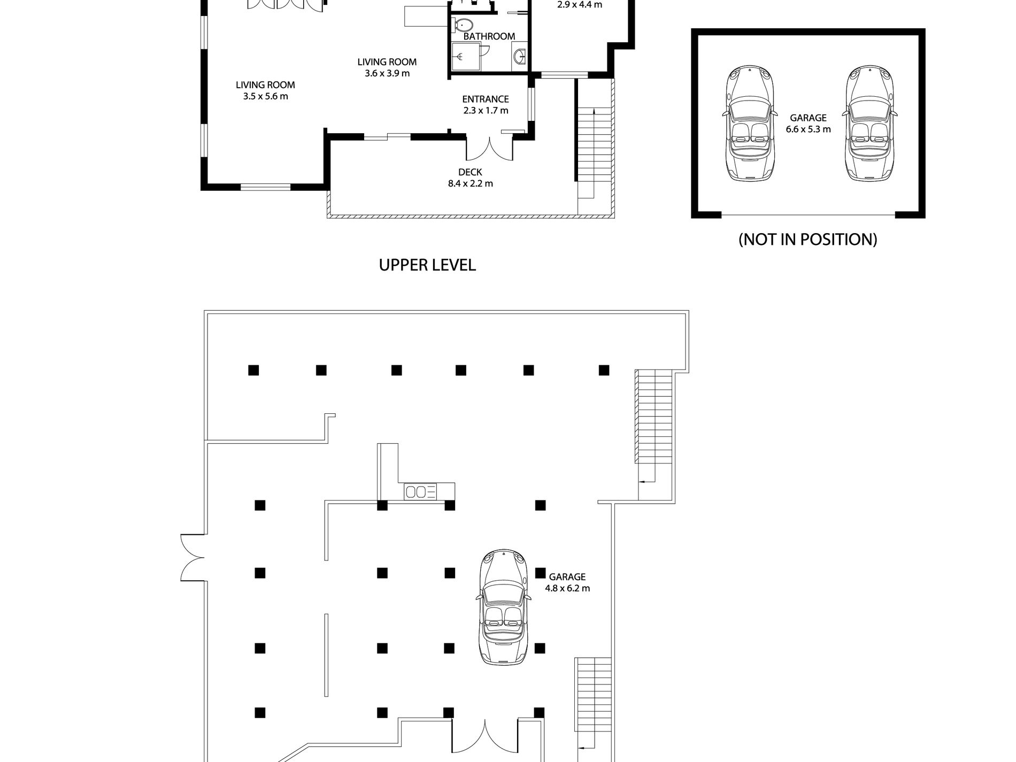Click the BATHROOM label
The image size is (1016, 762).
coord(489,36)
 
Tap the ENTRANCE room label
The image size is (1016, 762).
coord(485,99)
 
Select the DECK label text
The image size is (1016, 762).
coord(470,172)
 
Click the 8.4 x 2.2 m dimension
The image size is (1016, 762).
coord(470,183)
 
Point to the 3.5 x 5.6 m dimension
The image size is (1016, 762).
coord(265,96)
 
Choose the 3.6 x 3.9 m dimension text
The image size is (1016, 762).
coord(387,73)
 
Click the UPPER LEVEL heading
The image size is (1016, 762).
coord(427,265)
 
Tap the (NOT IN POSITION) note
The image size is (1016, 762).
coord(807,239)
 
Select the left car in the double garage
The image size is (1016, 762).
coord(751,124)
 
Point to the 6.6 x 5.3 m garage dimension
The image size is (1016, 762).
coord(808,129)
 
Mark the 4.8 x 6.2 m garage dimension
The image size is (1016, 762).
coord(567,588)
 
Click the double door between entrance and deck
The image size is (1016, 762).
coord(490,149)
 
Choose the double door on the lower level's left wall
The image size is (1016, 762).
coord(193,557)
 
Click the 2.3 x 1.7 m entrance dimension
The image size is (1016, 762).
coord(486,111)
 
